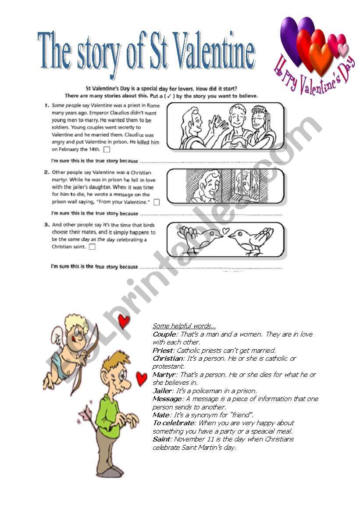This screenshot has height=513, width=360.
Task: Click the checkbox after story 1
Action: pos(107,150)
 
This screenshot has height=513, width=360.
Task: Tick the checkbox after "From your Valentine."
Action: pos(157,202)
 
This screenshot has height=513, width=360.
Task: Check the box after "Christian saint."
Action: pos(92,247)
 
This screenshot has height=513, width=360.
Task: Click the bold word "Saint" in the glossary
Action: pos(161,439)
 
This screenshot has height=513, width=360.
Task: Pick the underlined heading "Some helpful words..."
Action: pos(184,326)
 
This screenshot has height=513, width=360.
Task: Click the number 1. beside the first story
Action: pos(46,106)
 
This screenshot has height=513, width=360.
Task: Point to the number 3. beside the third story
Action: pos(46,224)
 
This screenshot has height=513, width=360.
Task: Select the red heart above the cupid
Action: pos(124,322)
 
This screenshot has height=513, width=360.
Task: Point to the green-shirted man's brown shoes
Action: pos(112,471)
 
